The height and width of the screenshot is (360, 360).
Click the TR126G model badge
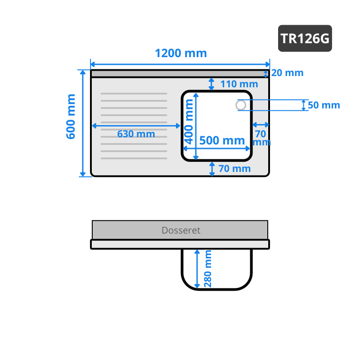305,38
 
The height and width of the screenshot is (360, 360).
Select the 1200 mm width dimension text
181,53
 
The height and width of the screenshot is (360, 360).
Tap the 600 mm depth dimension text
71,117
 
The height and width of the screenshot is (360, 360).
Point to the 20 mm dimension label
287,73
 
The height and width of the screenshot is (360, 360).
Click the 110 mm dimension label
239,84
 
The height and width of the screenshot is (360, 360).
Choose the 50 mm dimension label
324,105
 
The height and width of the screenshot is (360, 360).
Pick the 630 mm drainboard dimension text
136,134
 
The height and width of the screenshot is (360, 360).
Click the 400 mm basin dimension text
189,121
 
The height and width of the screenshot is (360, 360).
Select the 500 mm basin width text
222,140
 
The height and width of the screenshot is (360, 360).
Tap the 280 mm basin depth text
207,269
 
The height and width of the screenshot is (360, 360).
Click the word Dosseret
181,230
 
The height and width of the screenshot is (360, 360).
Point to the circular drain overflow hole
241,105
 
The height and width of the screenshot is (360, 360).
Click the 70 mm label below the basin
234,168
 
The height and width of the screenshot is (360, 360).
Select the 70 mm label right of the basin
261,138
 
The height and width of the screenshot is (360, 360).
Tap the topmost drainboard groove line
134,94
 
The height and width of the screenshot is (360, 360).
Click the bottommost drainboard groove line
134,158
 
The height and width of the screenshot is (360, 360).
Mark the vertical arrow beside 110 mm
211,84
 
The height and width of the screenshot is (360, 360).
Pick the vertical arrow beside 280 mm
197,269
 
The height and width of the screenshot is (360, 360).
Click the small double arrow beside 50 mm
303,105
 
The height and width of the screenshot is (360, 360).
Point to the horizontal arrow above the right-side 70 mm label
261,125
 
